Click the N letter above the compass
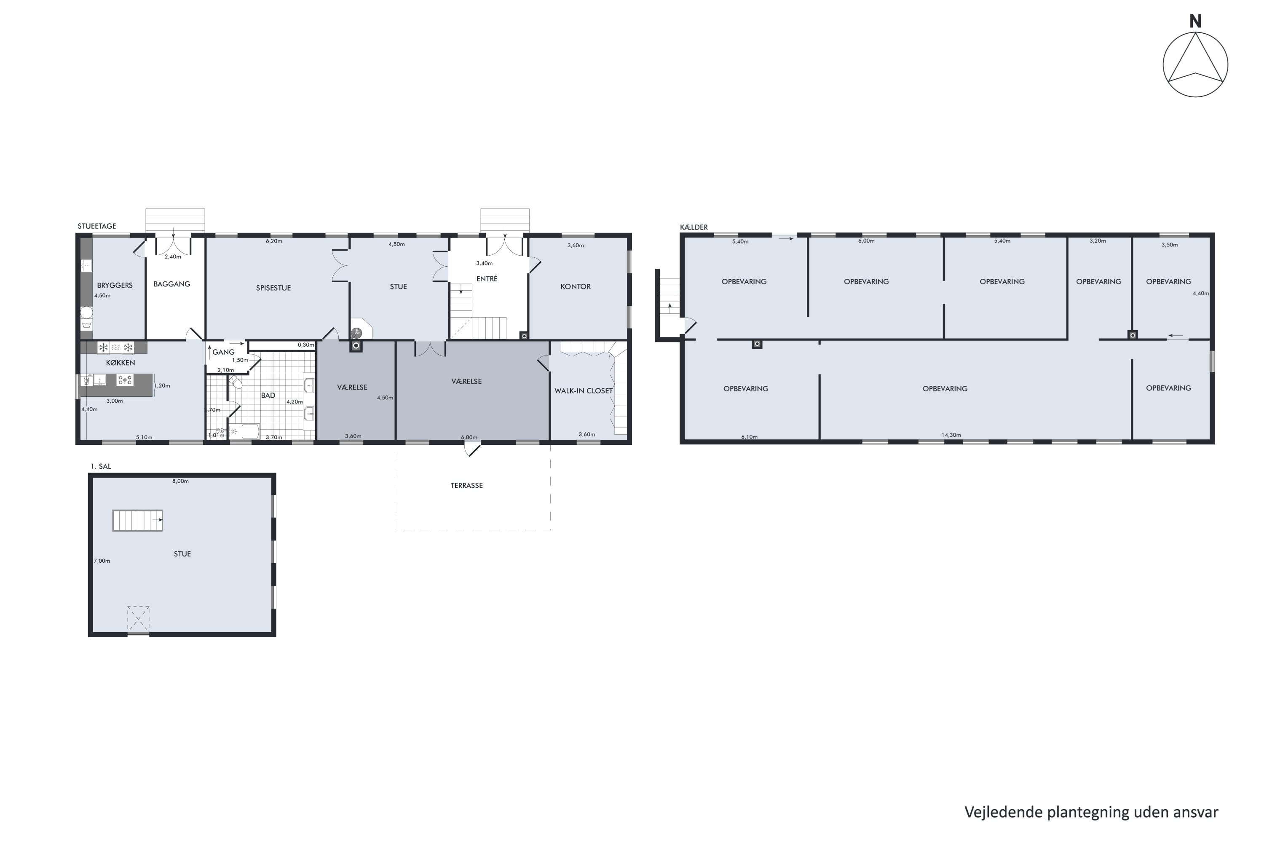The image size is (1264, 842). point(1195,21)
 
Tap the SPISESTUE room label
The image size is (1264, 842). point(273,288)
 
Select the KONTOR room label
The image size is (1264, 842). point(575,287)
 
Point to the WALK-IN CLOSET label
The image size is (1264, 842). point(584,391)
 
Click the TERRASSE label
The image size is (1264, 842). point(466,485)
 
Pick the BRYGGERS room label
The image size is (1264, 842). point(115,285)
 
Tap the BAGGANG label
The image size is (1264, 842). point(172,284)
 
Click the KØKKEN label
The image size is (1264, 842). point(121,363)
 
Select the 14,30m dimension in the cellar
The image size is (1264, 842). point(951,435)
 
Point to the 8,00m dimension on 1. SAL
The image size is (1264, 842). point(180,481)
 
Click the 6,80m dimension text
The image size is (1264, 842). point(469,437)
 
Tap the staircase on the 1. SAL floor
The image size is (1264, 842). point(137,520)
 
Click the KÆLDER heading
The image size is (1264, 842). point(694,227)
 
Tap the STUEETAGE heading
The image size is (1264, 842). point(96,226)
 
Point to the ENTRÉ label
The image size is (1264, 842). point(487,279)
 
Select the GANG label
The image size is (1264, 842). point(223,352)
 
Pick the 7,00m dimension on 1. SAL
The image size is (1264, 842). point(102,561)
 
